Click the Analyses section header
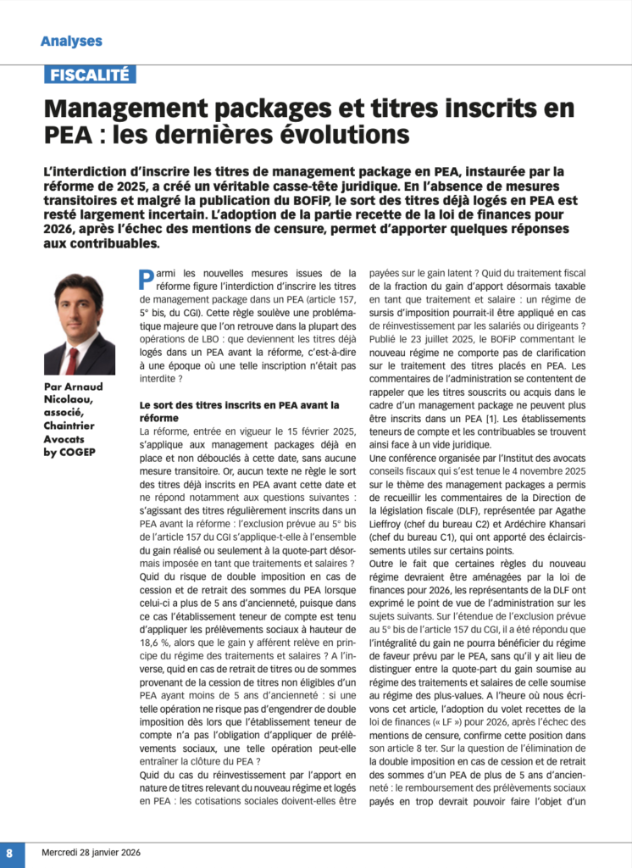point(71,41)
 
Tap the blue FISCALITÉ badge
point(90,75)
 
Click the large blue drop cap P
point(145,279)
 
